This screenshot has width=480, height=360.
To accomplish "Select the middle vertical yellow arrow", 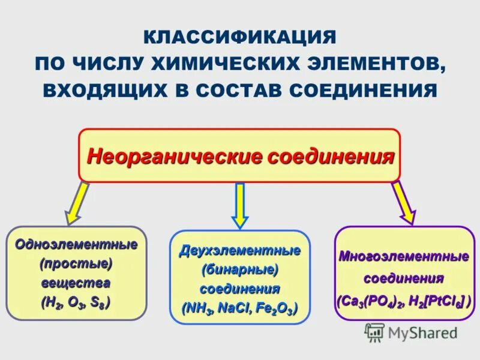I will [x=240, y=205].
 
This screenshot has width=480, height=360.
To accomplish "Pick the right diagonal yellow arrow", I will [x=403, y=202].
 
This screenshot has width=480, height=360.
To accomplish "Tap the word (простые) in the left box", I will [x=76, y=263].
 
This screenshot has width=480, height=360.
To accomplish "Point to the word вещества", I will [x=76, y=283].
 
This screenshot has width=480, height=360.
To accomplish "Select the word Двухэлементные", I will [x=240, y=250].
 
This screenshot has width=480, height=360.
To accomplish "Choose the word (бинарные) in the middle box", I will [x=240, y=269].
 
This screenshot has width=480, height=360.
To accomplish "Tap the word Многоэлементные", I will [x=404, y=257].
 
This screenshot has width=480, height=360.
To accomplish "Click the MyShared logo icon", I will [x=375, y=332].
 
